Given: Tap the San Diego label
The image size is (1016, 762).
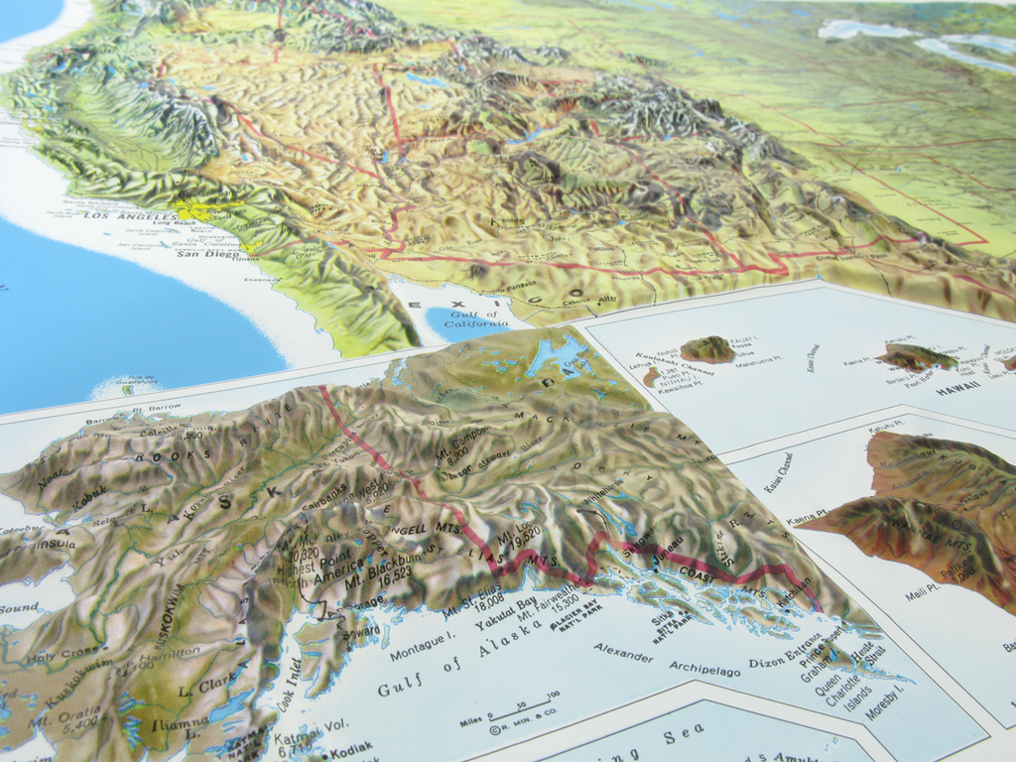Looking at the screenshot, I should click(x=208, y=254).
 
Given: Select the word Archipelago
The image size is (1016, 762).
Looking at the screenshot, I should click(x=704, y=668).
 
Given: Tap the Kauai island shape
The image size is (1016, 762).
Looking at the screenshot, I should click(x=707, y=349).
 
